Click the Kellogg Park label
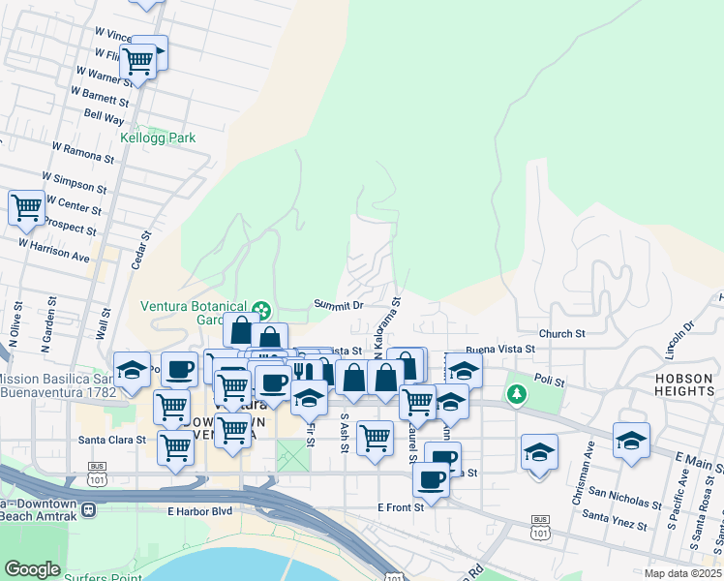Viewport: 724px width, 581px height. pos(158,138)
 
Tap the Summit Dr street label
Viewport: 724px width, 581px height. pos(338,304)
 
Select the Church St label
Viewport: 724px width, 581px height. pos(563,333)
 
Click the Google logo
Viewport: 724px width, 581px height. pos(32,569)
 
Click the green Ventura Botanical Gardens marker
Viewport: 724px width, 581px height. pos(260,311)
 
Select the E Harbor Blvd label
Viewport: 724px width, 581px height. pos(200,510)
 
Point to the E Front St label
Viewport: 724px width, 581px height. pos(401,506)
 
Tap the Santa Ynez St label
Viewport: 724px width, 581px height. pos(616,519)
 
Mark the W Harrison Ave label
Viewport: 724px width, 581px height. pos(55,251)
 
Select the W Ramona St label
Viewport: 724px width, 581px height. pos(84,153)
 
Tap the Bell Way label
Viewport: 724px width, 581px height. pos(104,117)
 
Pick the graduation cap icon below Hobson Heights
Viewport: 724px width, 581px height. pos(631,440)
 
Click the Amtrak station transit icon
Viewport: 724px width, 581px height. pos(88,509)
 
